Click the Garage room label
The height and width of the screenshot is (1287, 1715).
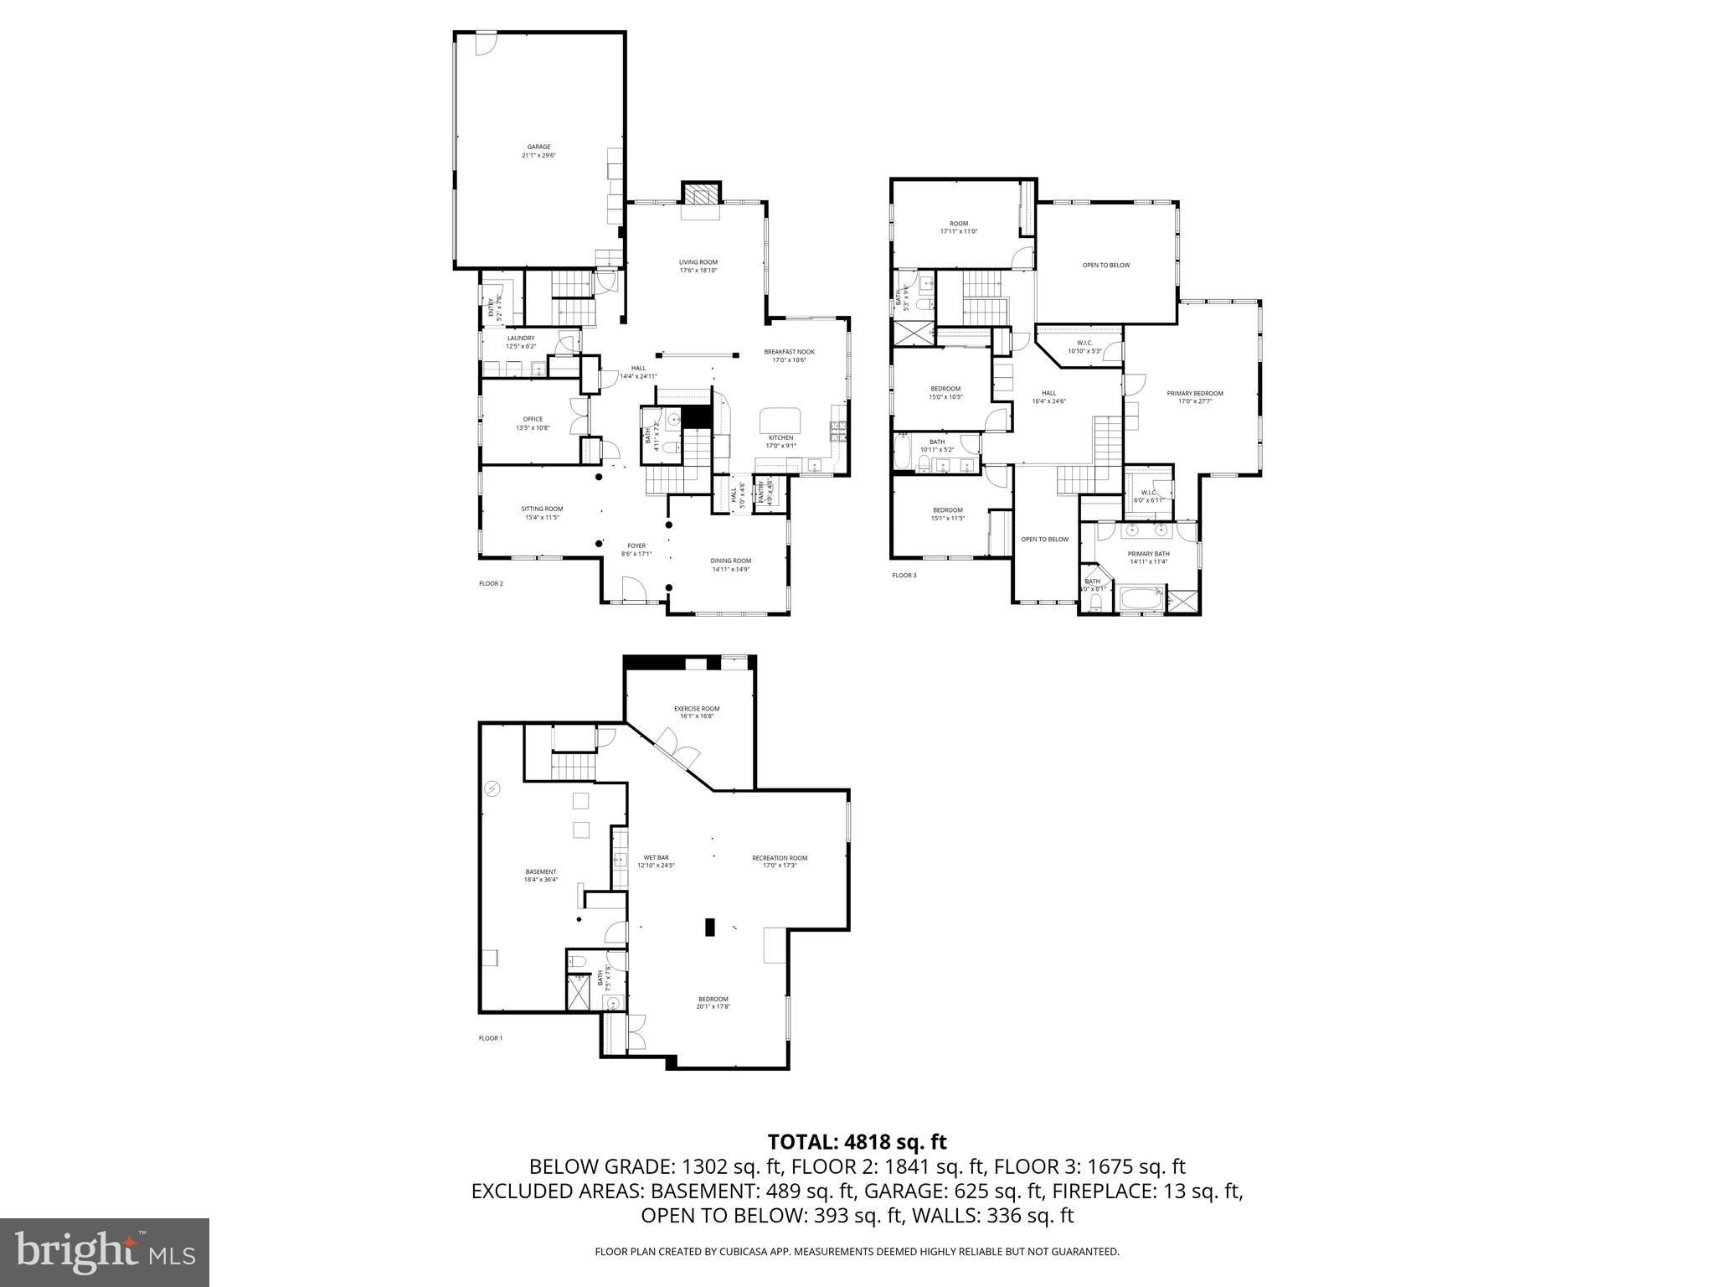(538, 151)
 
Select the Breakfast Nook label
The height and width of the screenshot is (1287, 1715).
(788, 355)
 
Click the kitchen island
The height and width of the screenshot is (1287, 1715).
(780, 419)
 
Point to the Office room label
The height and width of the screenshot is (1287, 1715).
(533, 423)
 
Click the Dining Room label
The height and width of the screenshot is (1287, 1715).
(730, 565)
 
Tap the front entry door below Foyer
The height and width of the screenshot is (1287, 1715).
(634, 591)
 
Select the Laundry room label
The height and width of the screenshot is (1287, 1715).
(520, 342)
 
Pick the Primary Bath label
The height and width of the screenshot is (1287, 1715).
(1148, 557)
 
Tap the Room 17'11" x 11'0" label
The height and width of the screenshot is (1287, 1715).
(958, 227)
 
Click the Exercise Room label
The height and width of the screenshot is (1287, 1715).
(696, 712)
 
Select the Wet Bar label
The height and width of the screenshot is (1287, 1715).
(656, 861)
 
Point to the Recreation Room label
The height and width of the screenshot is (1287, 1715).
(779, 861)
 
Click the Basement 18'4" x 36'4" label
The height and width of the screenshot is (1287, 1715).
(540, 875)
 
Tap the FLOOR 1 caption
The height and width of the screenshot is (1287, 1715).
(490, 1038)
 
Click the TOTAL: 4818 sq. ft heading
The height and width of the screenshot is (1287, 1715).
(857, 1141)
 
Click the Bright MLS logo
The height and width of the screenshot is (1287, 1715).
(105, 1252)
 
